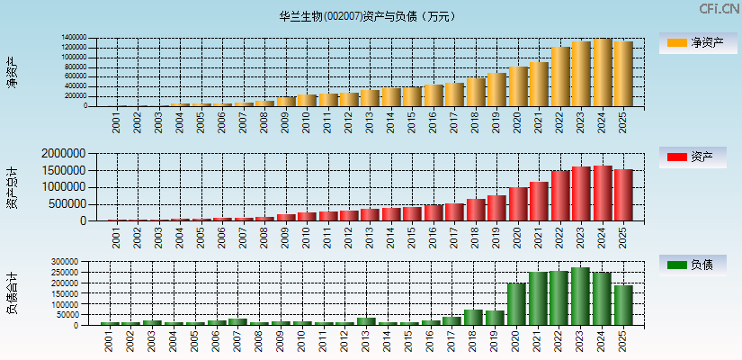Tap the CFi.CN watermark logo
[x=720, y=9]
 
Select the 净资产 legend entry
[x=697, y=42]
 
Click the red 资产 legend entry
[x=697, y=157]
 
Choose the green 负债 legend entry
[x=697, y=265]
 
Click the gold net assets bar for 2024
[x=602, y=73]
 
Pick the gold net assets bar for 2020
[x=517, y=86]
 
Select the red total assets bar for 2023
[x=580, y=193]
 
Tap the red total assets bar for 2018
[x=475, y=210]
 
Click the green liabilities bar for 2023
[x=580, y=296]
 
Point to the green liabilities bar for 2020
[x=517, y=304]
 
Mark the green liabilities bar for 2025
[x=623, y=305]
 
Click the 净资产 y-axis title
[x=12, y=72]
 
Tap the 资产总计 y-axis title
[x=12, y=187]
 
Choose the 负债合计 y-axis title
[x=12, y=292]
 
